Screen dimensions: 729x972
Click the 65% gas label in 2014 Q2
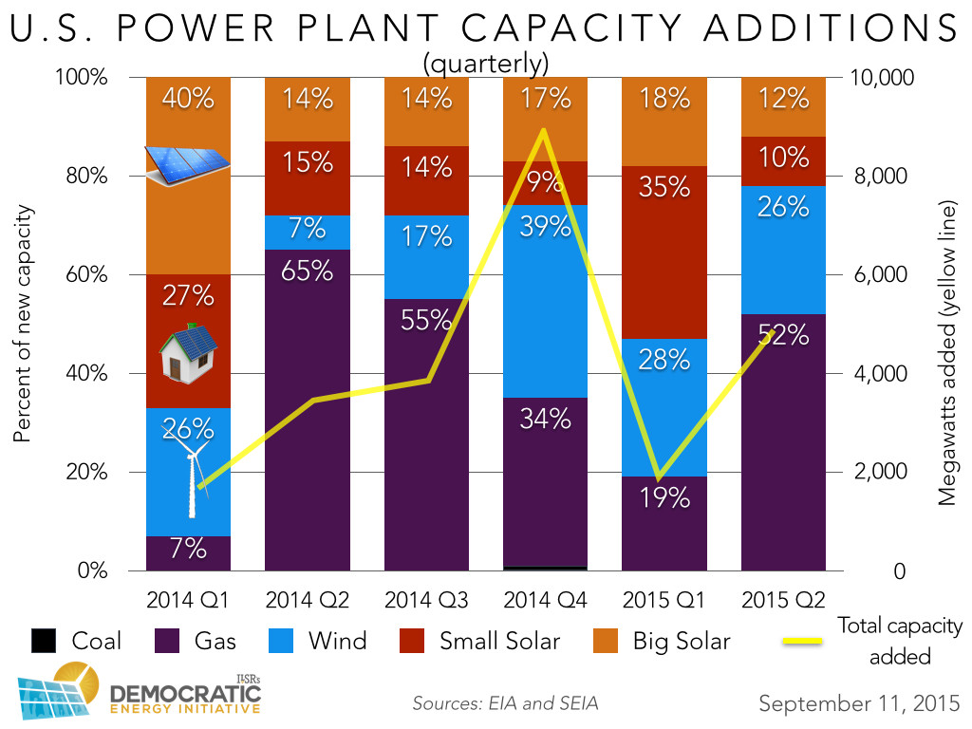307,271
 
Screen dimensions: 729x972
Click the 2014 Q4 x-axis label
544,600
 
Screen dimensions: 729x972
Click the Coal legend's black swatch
46,642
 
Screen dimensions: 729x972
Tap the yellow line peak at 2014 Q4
542,131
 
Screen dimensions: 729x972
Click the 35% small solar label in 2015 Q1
664,186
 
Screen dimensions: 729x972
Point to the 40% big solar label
188,98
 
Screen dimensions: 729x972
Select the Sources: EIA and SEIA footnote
504,704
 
